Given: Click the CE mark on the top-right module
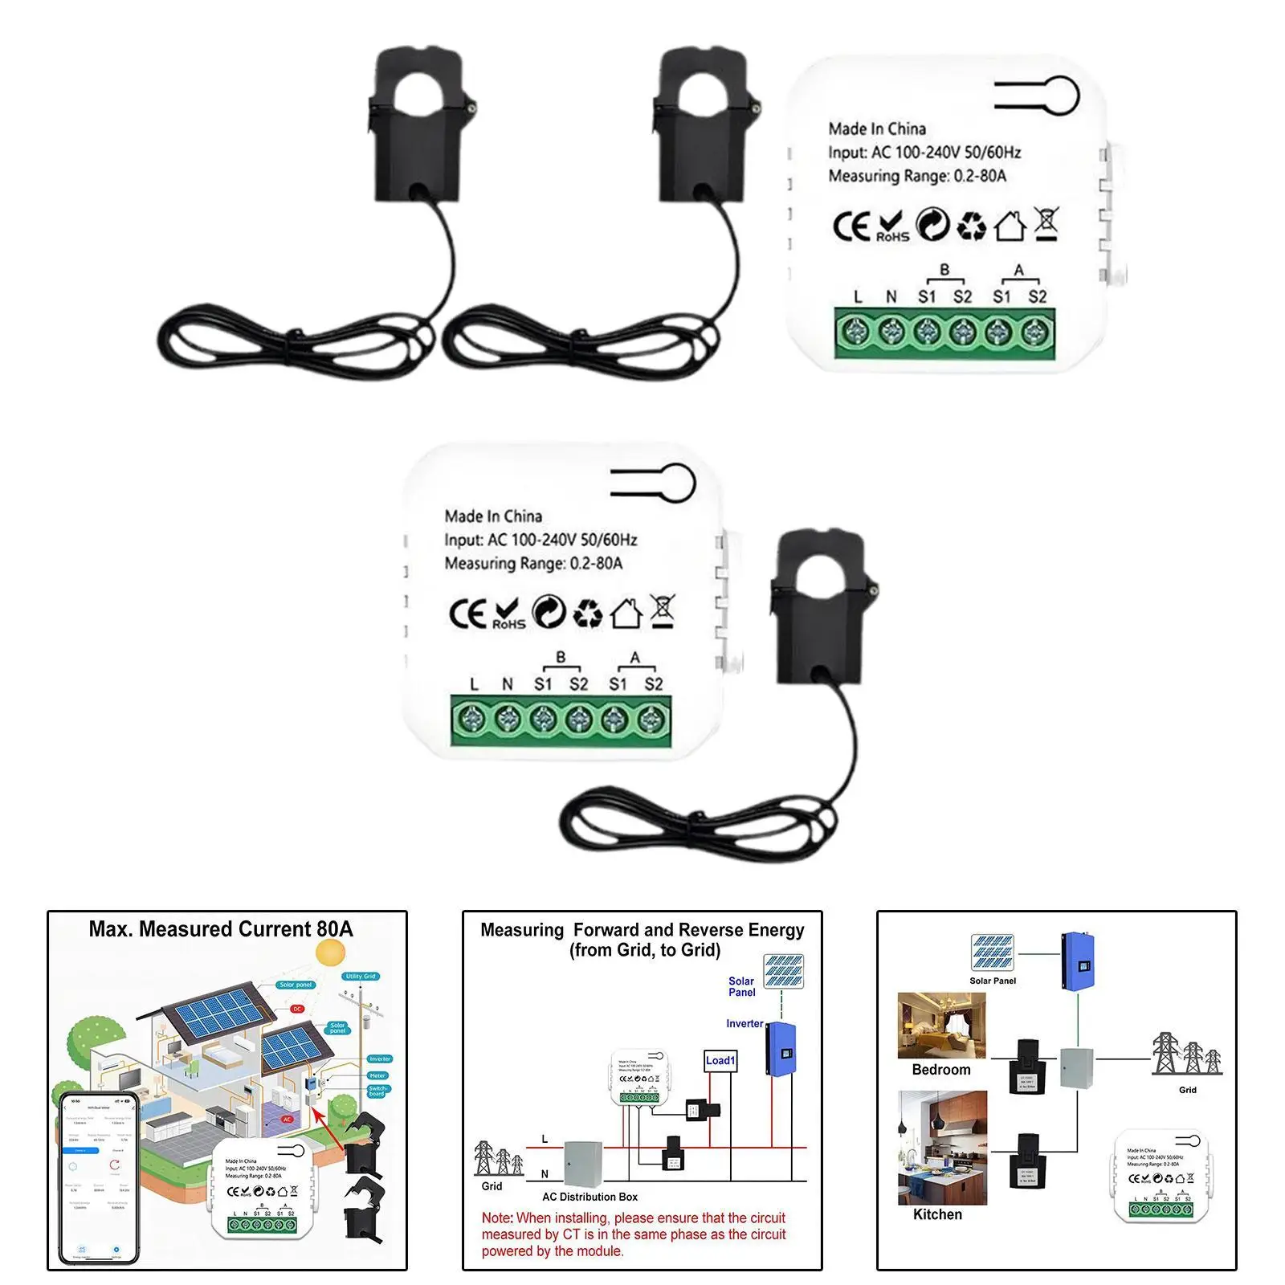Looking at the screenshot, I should coord(851,226).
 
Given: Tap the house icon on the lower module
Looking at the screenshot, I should coord(626,614).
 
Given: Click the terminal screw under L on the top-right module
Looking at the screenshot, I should coord(855,331).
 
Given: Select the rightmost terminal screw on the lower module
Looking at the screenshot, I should coord(651,720).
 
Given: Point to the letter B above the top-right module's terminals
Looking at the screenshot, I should coord(944,270).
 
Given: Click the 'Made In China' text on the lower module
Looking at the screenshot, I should coord(493,516).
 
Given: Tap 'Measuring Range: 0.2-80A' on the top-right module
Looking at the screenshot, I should coord(916,176).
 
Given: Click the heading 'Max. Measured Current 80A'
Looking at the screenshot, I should coord(221,929).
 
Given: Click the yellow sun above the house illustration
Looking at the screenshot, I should coord(330,953).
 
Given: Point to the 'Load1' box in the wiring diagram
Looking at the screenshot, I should coord(720,1061).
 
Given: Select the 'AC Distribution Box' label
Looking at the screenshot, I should coord(589,1197).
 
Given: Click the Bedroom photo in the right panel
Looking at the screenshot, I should coord(941,1026).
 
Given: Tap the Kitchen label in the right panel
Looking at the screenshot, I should coord(937,1214).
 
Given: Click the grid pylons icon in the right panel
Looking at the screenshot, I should coord(1185,1054).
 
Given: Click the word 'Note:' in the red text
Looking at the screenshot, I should coord(497,1218).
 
